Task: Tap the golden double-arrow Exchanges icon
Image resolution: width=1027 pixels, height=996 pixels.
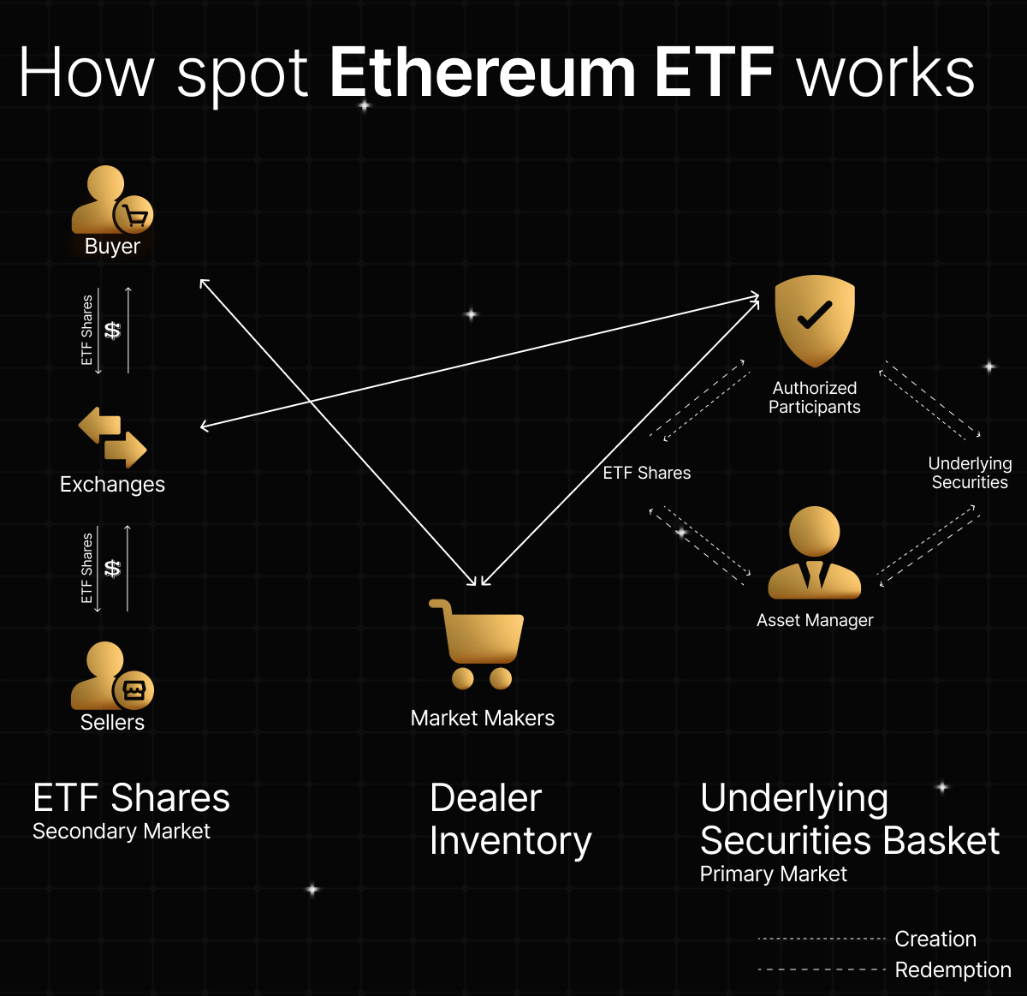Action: [x=112, y=437]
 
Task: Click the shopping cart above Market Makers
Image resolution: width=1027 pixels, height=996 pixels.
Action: [x=478, y=644]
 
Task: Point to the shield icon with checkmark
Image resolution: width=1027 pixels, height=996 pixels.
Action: [x=815, y=319]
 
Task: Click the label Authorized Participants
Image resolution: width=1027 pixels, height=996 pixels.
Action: [x=815, y=397]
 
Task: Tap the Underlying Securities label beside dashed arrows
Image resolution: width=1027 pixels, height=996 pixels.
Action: [x=970, y=473]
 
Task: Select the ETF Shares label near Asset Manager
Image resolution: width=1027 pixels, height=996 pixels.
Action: [x=646, y=473]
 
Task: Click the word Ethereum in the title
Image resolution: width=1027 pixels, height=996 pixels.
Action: [x=482, y=73]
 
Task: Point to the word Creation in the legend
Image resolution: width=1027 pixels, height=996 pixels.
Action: [x=935, y=939]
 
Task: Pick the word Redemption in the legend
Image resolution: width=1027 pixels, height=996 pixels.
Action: [x=953, y=969]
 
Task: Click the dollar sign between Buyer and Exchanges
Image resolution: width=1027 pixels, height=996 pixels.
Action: [x=112, y=330]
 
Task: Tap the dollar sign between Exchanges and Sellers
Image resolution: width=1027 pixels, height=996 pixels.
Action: [x=112, y=568]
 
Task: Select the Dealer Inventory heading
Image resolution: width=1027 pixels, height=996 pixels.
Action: [x=510, y=820]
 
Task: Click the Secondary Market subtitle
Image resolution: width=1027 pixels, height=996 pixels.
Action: [x=122, y=831]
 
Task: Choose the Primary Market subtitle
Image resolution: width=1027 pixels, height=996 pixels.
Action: [x=773, y=874]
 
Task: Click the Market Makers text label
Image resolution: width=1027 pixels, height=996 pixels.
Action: [x=483, y=718]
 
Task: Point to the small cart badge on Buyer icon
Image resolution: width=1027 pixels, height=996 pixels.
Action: [x=134, y=216]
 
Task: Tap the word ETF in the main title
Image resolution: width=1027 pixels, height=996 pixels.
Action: [x=715, y=73]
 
